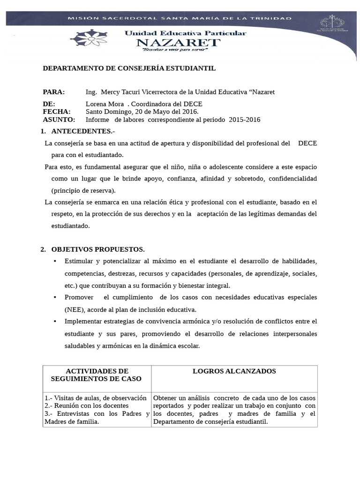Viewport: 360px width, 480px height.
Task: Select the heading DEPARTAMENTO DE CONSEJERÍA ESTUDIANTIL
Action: [129, 68]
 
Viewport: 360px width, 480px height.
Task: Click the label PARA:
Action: [54, 92]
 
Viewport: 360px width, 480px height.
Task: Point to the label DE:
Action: [49, 104]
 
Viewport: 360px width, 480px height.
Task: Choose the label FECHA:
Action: [57, 112]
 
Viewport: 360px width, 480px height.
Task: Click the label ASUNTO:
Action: [59, 120]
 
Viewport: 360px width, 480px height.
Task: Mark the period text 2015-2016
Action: [244, 120]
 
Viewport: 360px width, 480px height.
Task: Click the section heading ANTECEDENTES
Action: [82, 131]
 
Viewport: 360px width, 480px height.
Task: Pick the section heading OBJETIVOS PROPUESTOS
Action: [98, 249]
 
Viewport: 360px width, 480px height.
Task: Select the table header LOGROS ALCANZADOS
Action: [234, 371]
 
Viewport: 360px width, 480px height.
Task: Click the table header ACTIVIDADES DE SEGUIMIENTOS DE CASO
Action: [97, 375]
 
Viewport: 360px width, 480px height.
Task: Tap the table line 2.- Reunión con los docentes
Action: [86, 405]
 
